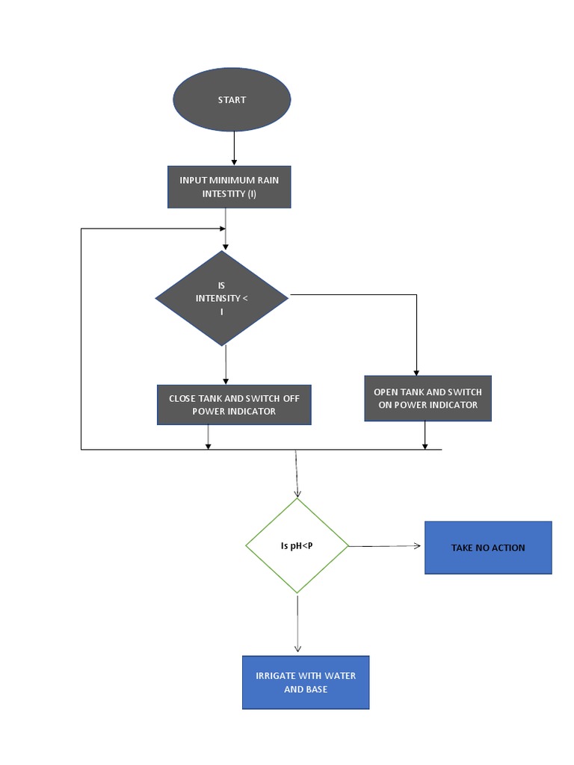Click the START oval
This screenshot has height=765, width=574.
pos(232,99)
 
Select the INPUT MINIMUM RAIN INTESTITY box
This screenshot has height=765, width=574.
pos(229,187)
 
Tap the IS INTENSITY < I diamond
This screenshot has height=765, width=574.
pos(222,298)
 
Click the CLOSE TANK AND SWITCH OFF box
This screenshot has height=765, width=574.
pos(234,405)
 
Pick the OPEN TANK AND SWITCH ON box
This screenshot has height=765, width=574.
pos(428,398)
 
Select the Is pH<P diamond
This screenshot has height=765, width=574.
pos(297,546)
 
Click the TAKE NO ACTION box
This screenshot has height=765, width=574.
pos(488,548)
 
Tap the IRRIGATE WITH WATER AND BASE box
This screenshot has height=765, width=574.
pos(306,682)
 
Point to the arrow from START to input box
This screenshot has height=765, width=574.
pos(235,148)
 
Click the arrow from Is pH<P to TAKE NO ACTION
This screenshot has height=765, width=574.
pos(385,546)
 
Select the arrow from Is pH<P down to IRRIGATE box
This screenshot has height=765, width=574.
pos(297,624)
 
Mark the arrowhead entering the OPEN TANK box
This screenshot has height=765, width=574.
pos(416,372)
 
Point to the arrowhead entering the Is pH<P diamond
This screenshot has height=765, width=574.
pos(297,493)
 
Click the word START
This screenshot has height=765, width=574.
pos(232,99)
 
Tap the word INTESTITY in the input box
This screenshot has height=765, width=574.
pos(223,193)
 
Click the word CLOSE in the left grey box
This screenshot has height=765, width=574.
pos(182,398)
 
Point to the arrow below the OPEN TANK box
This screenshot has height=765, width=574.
pos(425,436)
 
